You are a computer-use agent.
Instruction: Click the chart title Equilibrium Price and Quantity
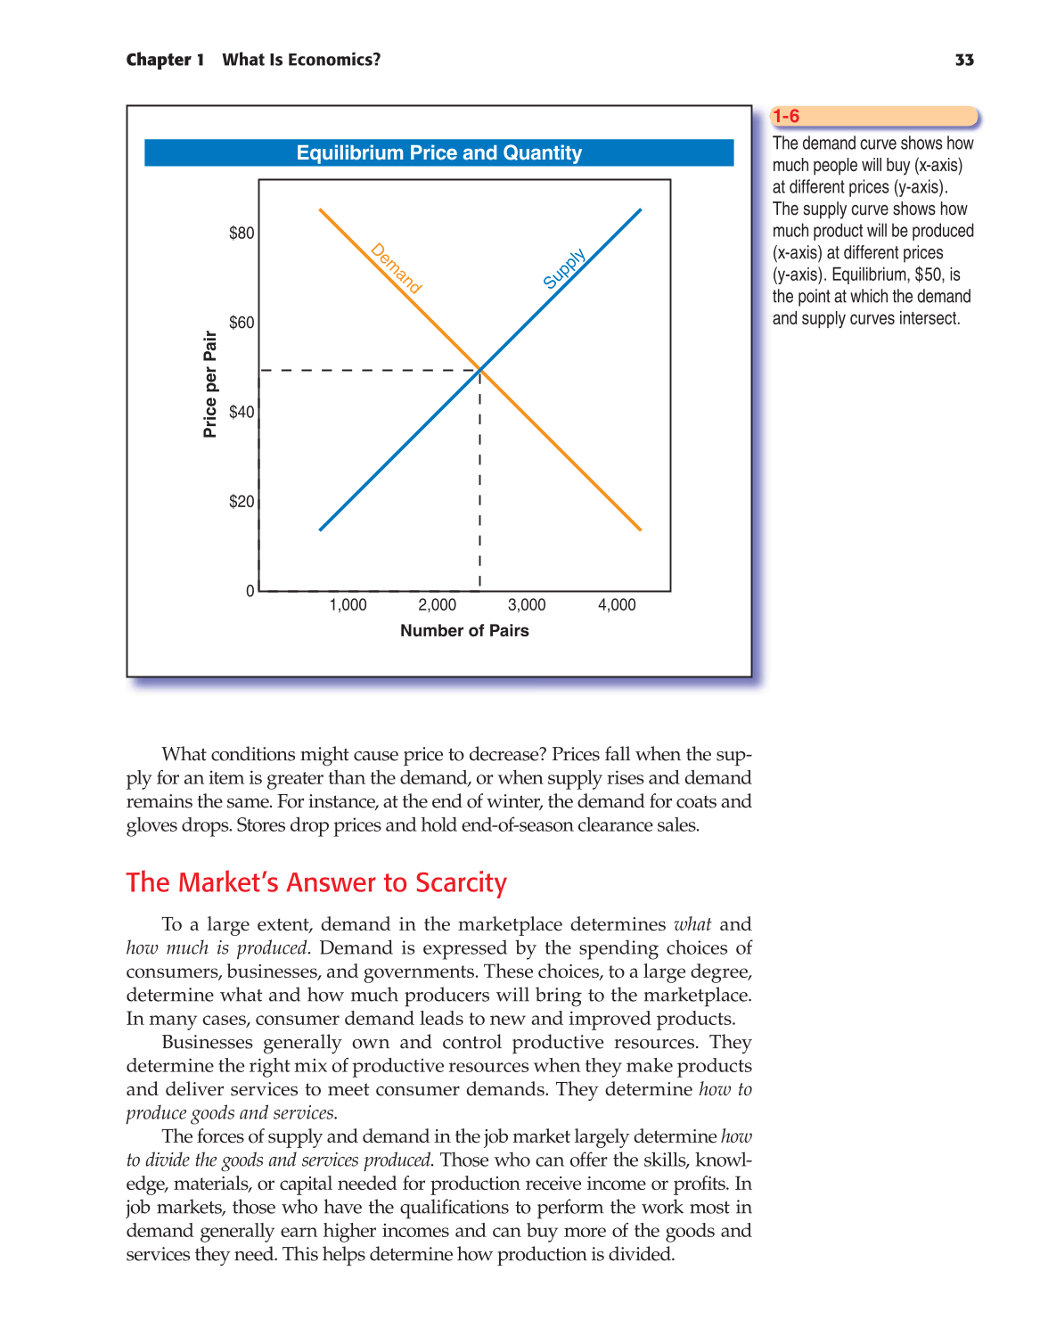click(x=438, y=152)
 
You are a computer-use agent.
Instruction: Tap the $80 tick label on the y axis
click(x=242, y=234)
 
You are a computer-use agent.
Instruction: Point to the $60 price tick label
click(x=242, y=323)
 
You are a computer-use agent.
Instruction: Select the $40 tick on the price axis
click(x=242, y=412)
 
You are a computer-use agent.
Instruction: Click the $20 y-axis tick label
click(x=242, y=502)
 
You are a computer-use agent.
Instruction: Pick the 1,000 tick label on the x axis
click(x=348, y=605)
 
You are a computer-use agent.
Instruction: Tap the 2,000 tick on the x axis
click(x=437, y=605)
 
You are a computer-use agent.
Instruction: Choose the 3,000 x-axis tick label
click(x=527, y=605)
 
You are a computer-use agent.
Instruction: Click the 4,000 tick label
click(x=617, y=605)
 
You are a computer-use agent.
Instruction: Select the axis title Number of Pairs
click(x=464, y=631)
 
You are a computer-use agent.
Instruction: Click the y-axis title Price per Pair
click(x=210, y=384)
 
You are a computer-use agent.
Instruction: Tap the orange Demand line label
click(x=396, y=268)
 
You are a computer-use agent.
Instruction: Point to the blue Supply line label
click(x=564, y=268)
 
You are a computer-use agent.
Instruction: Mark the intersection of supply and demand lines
click(x=480, y=369)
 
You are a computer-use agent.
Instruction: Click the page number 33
click(x=964, y=60)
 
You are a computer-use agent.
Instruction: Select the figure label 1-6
click(x=786, y=117)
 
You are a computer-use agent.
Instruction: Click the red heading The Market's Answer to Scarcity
click(x=316, y=882)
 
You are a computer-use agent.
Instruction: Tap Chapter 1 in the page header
click(x=165, y=60)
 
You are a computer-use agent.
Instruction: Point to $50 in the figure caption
click(x=929, y=275)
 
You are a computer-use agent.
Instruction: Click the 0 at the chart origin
click(x=250, y=591)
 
